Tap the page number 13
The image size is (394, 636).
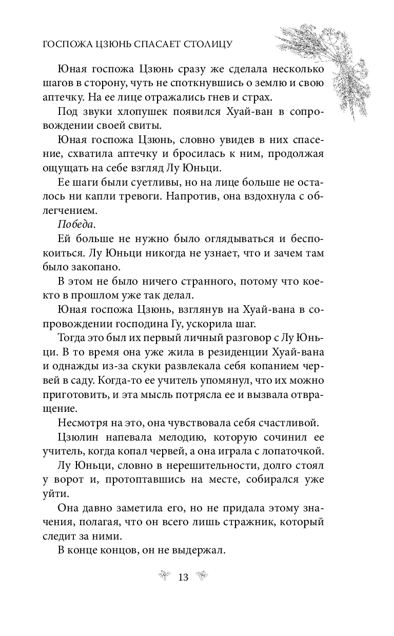(x=183, y=578)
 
